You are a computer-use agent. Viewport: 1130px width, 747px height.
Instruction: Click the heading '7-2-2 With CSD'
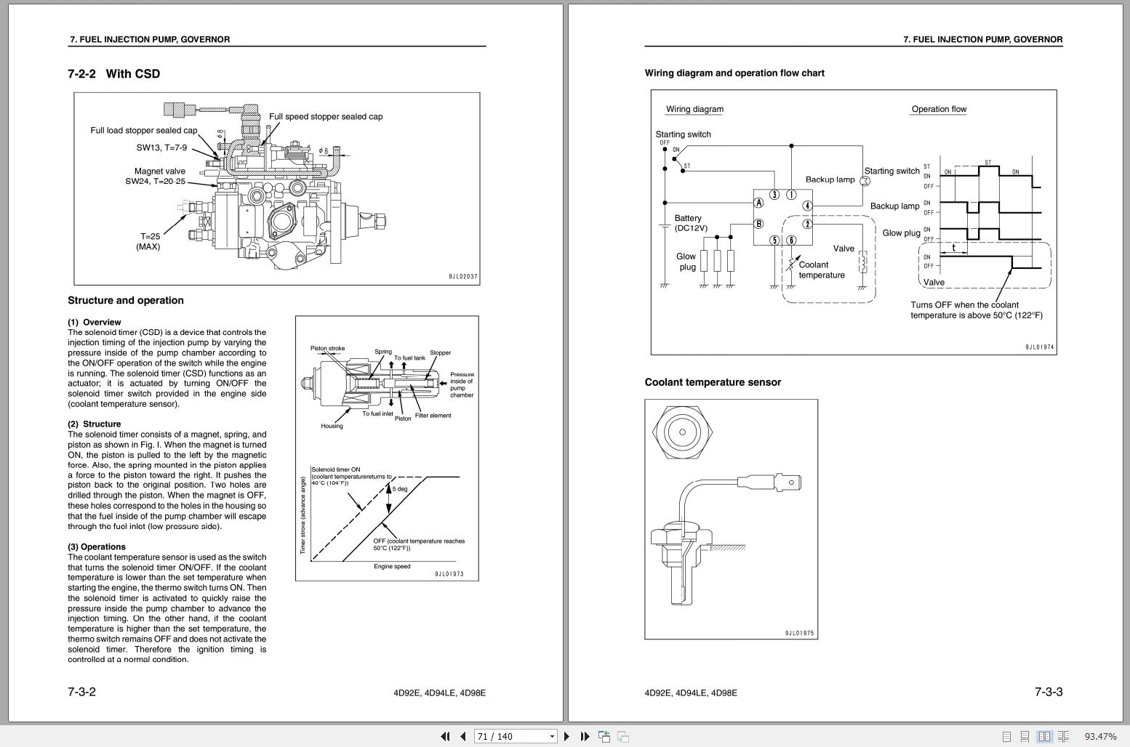(x=114, y=73)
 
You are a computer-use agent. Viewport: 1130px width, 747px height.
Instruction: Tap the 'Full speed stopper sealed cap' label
(x=325, y=116)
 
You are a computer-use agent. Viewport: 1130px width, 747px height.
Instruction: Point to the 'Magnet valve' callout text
(x=159, y=171)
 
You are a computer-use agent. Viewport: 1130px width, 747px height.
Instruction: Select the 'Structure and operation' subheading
(x=126, y=300)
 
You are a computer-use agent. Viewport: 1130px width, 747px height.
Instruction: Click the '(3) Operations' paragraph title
(x=97, y=546)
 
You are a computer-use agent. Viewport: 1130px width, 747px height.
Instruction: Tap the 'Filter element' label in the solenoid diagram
(x=433, y=416)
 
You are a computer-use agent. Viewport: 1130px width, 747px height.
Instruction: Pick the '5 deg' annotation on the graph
(x=400, y=489)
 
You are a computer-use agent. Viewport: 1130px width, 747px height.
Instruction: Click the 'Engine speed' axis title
(x=392, y=566)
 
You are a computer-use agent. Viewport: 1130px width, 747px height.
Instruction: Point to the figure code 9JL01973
(x=449, y=574)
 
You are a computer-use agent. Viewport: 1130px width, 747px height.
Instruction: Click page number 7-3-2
(x=81, y=692)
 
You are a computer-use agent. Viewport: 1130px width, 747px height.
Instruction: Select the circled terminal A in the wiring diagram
(x=758, y=203)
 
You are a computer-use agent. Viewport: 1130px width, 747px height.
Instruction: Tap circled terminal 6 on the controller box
(x=791, y=241)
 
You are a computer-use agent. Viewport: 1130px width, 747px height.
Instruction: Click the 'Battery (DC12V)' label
(x=689, y=223)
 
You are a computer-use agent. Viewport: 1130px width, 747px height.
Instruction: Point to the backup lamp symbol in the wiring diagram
(x=865, y=181)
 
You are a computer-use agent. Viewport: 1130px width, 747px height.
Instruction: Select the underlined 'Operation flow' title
(x=939, y=109)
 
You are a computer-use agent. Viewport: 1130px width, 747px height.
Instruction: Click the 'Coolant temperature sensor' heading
(x=713, y=382)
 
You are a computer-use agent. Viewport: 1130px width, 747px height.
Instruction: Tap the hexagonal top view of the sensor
(x=682, y=432)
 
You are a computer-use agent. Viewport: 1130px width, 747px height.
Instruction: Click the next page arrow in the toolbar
(x=566, y=736)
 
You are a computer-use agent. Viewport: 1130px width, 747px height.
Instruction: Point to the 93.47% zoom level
(x=1100, y=736)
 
